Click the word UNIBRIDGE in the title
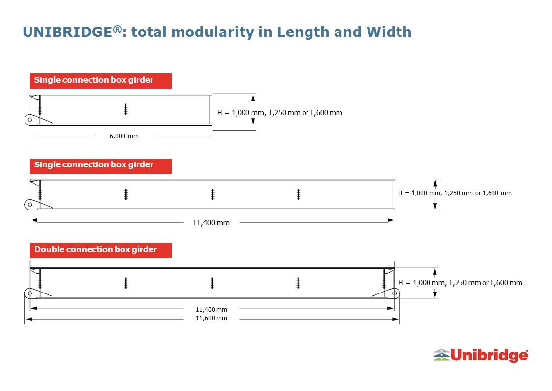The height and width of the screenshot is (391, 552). point(67,32)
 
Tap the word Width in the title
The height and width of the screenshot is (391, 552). point(389,32)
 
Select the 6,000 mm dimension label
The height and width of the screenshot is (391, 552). point(124,136)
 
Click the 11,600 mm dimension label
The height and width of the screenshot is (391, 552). point(211,318)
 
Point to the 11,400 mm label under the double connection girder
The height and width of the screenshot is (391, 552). point(211,310)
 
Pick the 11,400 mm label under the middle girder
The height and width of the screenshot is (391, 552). point(211,223)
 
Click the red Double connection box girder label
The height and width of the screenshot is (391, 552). point(100,250)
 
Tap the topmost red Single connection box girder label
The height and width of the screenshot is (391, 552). point(100,81)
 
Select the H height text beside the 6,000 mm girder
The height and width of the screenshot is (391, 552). point(280,113)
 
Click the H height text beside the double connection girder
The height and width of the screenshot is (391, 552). point(460,283)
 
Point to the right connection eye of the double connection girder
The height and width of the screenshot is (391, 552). point(394,293)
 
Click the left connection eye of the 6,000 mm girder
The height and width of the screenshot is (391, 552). point(30,120)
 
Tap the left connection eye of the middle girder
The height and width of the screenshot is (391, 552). point(30,205)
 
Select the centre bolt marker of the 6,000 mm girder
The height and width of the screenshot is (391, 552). point(125,109)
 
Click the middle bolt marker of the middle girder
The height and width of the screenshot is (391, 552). point(212,194)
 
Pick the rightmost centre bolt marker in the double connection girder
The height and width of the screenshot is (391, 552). point(298,283)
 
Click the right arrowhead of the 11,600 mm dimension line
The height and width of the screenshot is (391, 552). point(396,319)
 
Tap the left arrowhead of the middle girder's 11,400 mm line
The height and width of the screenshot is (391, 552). point(35,220)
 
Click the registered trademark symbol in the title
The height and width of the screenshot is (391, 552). point(118,29)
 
